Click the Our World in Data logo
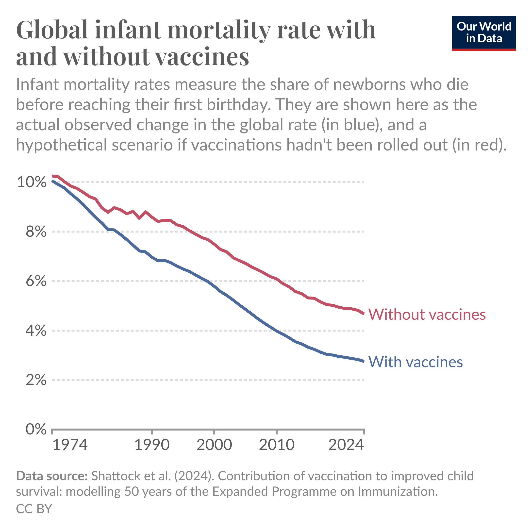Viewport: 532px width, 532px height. (x=484, y=33)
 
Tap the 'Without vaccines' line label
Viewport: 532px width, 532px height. (x=427, y=314)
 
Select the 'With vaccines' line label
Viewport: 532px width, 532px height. (x=415, y=362)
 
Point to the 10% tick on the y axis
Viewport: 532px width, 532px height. (x=32, y=182)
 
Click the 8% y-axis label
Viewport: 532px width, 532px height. (x=36, y=232)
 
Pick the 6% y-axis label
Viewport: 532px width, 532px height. (x=36, y=281)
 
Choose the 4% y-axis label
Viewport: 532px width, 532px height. (x=36, y=331)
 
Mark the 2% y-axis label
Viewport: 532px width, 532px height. (x=36, y=380)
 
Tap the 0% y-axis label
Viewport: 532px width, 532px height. (x=36, y=429)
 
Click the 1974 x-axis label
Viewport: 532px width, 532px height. (x=70, y=445)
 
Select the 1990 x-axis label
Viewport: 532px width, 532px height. (x=152, y=445)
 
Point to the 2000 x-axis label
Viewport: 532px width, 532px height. (x=214, y=445)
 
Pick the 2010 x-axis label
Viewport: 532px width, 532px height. (x=277, y=445)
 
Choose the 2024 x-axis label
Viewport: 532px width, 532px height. (x=346, y=445)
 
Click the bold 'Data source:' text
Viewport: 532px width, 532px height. (x=52, y=476)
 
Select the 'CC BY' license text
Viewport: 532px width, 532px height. (x=34, y=509)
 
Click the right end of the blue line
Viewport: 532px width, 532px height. (x=364, y=361)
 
